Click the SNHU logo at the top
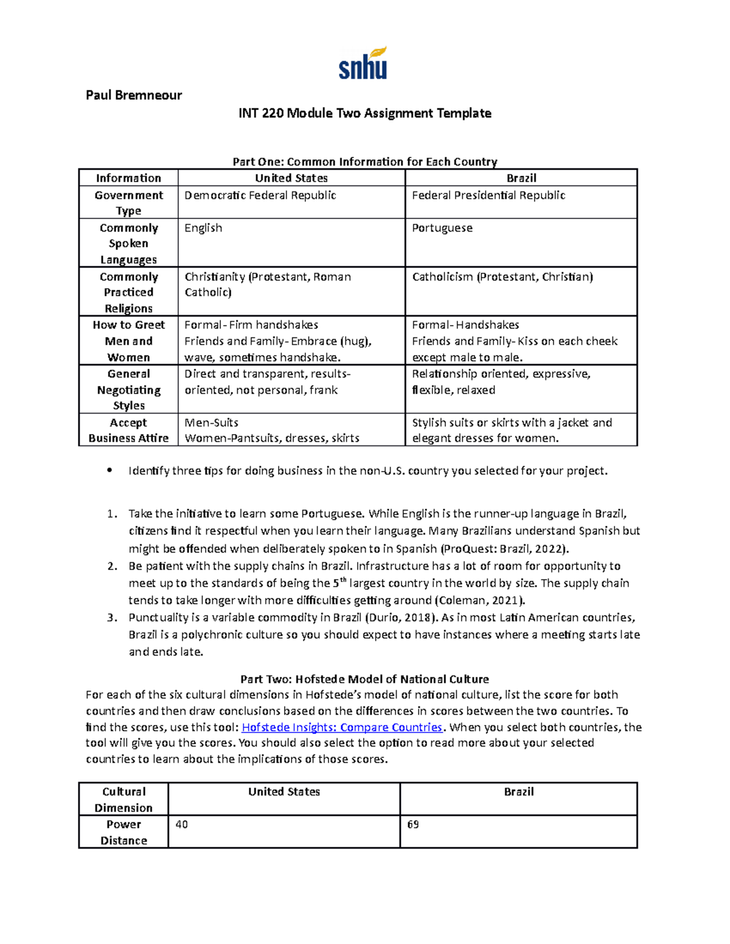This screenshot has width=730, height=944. pyautogui.click(x=363, y=64)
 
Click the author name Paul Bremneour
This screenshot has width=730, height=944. pyautogui.click(x=134, y=95)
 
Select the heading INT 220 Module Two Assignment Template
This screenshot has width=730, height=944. pyautogui.click(x=364, y=113)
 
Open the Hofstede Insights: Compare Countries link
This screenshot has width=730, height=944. pyautogui.click(x=342, y=727)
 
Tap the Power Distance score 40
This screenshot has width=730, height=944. pyautogui.click(x=181, y=824)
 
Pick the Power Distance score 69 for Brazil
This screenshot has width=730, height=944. pyautogui.click(x=413, y=824)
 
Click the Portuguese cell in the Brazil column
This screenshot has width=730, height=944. pyautogui.click(x=442, y=228)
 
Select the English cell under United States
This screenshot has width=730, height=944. pyautogui.click(x=203, y=228)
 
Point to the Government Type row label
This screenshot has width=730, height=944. pyautogui.click(x=128, y=202)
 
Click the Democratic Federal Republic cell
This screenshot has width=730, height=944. pyautogui.click(x=260, y=195)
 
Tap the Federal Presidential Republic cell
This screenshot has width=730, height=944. pyautogui.click(x=488, y=195)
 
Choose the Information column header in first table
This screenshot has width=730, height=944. pyautogui.click(x=128, y=178)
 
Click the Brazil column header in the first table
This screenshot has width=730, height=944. pyautogui.click(x=521, y=178)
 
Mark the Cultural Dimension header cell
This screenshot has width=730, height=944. pyautogui.click(x=123, y=799)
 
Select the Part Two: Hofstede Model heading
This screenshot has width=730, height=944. pyautogui.click(x=364, y=679)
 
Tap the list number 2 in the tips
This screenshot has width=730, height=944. pyautogui.click(x=111, y=566)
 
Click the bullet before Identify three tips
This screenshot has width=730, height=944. pyautogui.click(x=109, y=470)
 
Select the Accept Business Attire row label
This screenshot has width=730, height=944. pyautogui.click(x=128, y=430)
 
